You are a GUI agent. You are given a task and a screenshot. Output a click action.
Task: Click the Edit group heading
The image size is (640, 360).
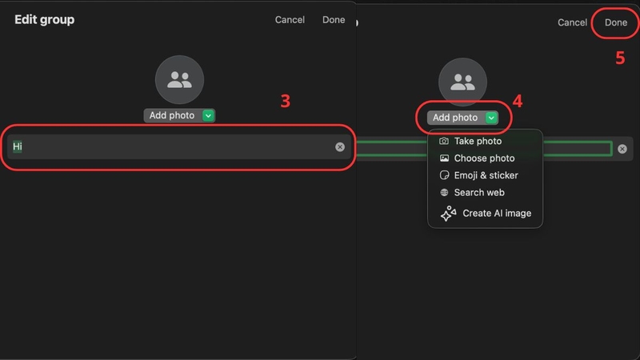[x=45, y=19]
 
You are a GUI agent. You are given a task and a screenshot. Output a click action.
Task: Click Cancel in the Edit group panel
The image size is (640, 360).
[x=290, y=19]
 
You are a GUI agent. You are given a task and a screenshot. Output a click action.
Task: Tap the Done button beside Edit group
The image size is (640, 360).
[x=334, y=19]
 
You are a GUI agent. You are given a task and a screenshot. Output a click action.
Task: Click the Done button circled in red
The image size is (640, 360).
[x=616, y=22]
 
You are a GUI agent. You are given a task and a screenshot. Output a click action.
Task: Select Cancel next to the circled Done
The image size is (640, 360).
[x=572, y=22]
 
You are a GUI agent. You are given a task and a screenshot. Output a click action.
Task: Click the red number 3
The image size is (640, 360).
[x=286, y=101]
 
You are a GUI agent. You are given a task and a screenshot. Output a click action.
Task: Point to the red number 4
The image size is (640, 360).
[x=517, y=101]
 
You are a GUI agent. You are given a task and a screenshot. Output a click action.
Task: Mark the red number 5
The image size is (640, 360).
[x=620, y=58]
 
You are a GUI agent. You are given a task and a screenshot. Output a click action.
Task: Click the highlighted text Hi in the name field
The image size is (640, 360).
[x=17, y=146]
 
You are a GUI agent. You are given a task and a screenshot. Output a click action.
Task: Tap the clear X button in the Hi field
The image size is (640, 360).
[x=339, y=147]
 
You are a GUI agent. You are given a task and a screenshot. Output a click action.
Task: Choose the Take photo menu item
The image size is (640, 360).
[x=478, y=142]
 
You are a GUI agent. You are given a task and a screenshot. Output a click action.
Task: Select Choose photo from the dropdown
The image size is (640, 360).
[x=484, y=158]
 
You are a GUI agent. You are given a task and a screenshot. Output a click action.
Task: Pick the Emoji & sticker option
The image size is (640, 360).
[x=486, y=175]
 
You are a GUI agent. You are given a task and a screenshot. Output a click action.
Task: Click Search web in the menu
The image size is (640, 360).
[x=479, y=193]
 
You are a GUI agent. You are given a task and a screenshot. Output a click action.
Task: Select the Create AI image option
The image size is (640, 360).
[x=497, y=213]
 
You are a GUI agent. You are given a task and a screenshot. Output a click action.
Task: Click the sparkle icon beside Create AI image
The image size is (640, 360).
[x=448, y=213]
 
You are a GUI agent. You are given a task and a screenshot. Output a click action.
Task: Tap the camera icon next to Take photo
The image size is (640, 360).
[x=444, y=142]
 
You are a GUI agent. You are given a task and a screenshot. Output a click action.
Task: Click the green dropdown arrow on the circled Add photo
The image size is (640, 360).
[x=491, y=118]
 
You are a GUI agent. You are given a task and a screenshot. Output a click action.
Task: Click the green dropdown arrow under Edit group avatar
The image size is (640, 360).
[x=208, y=115]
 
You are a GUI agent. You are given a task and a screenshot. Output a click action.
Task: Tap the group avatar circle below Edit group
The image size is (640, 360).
[x=179, y=79]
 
